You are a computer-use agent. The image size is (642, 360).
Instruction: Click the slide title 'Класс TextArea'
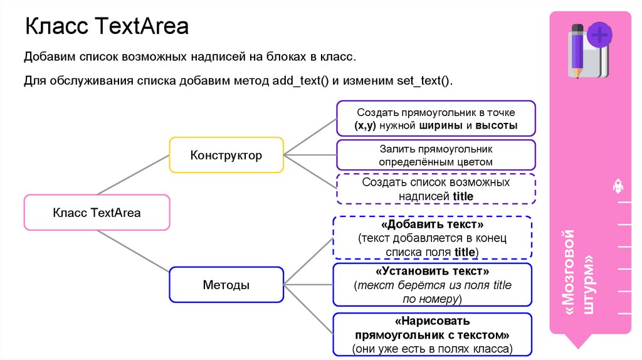pos(106,28)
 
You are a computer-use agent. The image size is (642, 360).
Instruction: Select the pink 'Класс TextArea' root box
pos(97,213)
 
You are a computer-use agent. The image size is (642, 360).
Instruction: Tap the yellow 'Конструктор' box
pos(226,154)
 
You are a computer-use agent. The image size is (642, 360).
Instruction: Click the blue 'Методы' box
pos(226,285)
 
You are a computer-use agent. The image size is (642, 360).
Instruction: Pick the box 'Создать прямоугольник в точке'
pos(436,119)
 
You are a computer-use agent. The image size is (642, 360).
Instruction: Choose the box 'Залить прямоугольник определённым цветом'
pos(436,155)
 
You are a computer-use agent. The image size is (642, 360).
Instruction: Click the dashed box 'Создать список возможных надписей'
pos(436,189)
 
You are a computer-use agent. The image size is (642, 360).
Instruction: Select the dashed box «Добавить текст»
pos(432,238)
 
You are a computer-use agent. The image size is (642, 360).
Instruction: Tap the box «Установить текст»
pos(432,285)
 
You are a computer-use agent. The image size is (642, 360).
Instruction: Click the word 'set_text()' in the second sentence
pos(423,82)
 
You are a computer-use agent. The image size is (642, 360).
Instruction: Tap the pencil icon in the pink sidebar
pos(577,50)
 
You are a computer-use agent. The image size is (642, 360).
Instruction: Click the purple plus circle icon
pos(599,35)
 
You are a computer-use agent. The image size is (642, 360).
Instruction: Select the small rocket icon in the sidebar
pos(616,186)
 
